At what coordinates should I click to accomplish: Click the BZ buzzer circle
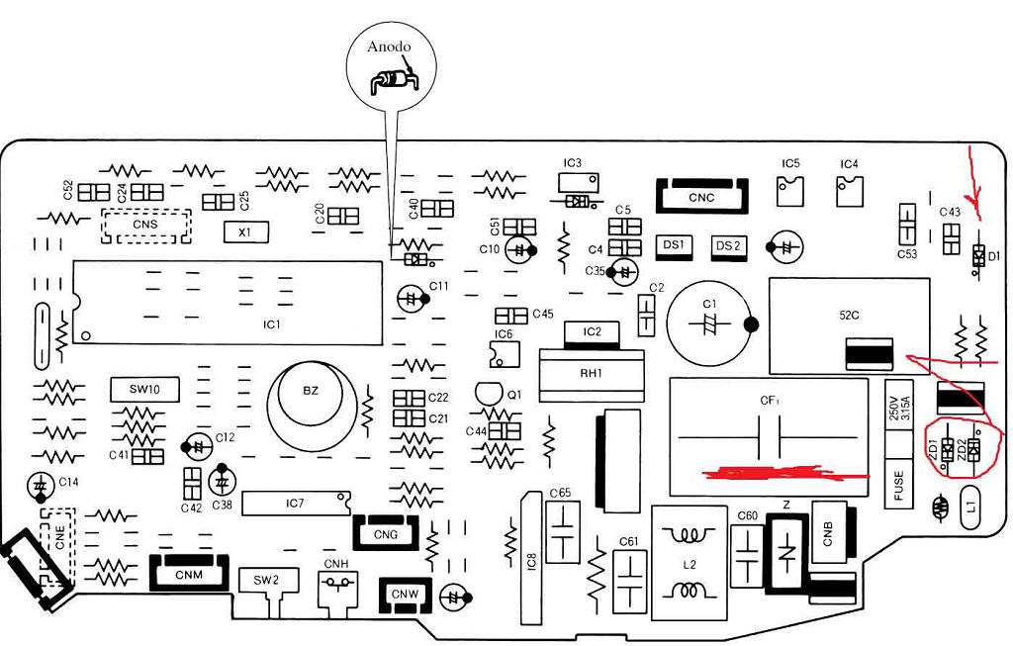click(311, 392)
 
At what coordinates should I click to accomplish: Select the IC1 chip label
click(271, 323)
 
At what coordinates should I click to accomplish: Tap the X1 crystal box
click(239, 232)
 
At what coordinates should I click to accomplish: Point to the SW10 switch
click(144, 389)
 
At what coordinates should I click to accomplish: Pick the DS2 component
click(728, 245)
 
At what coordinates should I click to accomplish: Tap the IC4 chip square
click(849, 191)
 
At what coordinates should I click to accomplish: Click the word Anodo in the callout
click(389, 46)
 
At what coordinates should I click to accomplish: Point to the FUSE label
click(898, 487)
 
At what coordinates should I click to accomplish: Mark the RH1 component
click(591, 374)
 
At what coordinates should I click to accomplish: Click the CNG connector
click(386, 534)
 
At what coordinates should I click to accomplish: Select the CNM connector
click(183, 573)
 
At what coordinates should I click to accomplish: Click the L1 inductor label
click(970, 506)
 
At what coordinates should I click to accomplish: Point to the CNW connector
click(405, 594)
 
